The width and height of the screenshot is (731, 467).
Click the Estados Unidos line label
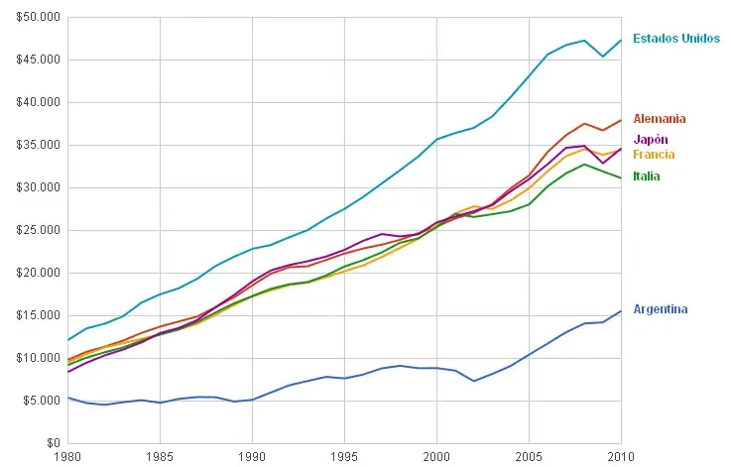click(x=675, y=39)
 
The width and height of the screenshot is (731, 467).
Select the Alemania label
click(x=659, y=119)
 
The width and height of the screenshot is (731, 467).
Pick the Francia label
click(x=654, y=155)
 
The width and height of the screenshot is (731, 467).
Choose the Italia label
click(x=647, y=176)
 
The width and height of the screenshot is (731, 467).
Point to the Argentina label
click(x=660, y=309)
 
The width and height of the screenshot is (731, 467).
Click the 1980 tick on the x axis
click(x=67, y=457)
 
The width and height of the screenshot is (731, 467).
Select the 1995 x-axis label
click(x=344, y=457)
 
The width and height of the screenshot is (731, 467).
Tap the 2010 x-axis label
click(x=621, y=457)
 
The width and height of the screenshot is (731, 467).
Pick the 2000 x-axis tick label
click(x=436, y=457)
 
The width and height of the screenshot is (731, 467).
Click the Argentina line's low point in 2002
click(x=473, y=381)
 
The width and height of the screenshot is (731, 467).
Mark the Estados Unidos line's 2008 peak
click(x=584, y=41)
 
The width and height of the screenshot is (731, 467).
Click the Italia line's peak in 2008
click(x=584, y=164)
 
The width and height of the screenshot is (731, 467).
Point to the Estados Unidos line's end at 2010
click(x=621, y=40)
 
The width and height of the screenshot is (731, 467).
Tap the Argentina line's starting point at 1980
click(x=67, y=398)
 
